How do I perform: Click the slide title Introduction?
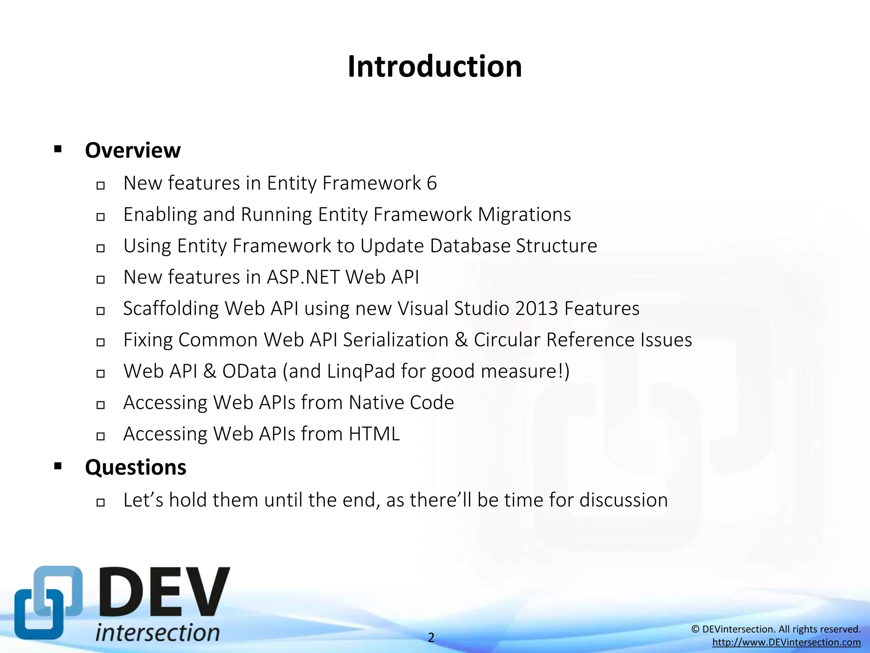pos(435,67)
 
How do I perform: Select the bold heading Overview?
pos(133,150)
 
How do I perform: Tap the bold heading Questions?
pos(136,467)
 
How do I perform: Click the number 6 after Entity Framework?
pos(432,183)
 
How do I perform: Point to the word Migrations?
pos(524,215)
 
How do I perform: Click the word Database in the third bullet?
pos(470,246)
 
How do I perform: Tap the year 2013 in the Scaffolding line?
pos(536,309)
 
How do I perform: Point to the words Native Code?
pos(401,403)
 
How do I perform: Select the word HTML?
pos(374,434)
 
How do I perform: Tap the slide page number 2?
pos(431,637)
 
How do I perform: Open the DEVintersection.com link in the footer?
pos(786,642)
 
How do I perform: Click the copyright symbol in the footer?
pos(695,629)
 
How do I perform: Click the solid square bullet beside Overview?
pos(58,149)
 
